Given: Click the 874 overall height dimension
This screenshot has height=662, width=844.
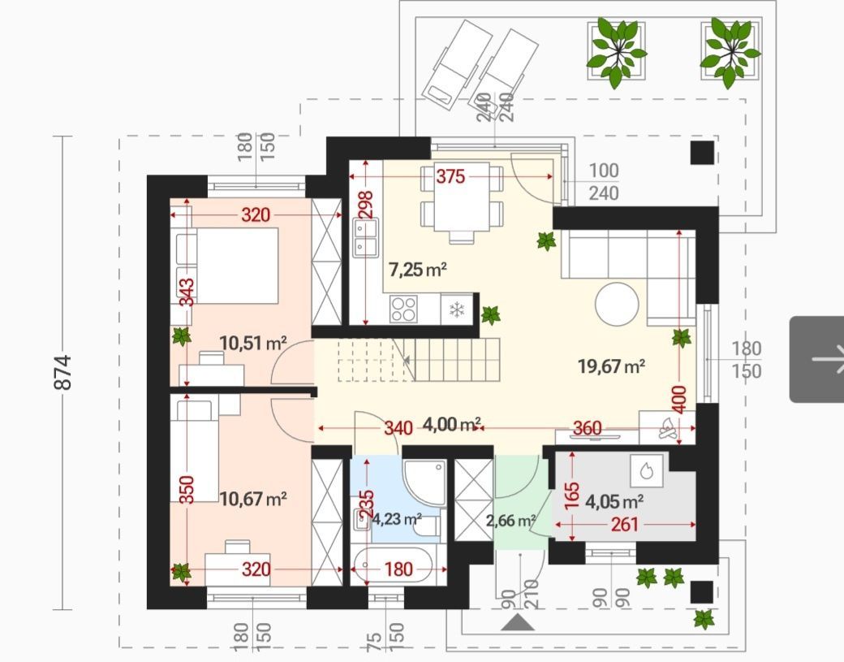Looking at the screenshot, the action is pyautogui.click(x=62, y=372).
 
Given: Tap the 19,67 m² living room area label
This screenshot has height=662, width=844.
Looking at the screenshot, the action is pyautogui.click(x=611, y=366).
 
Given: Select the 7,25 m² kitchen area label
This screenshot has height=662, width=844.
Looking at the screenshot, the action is pyautogui.click(x=418, y=269).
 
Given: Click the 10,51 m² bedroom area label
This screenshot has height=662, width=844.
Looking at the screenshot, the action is pyautogui.click(x=253, y=343).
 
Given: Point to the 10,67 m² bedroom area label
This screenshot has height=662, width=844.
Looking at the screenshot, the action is pyautogui.click(x=253, y=499).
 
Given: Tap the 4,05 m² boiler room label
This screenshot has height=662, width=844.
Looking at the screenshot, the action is pyautogui.click(x=614, y=502).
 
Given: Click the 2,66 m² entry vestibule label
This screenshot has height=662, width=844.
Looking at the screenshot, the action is pyautogui.click(x=510, y=521).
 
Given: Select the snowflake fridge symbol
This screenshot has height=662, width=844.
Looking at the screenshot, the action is pyautogui.click(x=457, y=309).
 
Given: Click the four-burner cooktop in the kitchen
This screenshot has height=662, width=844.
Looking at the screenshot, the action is pyautogui.click(x=403, y=309).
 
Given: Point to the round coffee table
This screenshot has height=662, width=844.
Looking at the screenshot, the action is pyautogui.click(x=617, y=304).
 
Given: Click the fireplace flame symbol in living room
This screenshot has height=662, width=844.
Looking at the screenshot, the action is pyautogui.click(x=668, y=429).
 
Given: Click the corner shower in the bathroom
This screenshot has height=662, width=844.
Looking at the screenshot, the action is pyautogui.click(x=424, y=483).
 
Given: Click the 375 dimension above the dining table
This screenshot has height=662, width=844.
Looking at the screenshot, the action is pyautogui.click(x=450, y=176).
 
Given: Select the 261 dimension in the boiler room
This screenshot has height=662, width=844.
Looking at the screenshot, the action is pyautogui.click(x=624, y=524).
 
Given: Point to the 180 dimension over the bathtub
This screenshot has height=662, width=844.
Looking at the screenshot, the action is pyautogui.click(x=398, y=569).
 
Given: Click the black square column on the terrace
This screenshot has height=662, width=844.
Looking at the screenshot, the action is pyautogui.click(x=703, y=153).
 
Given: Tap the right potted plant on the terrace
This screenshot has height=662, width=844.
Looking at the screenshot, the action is pyautogui.click(x=730, y=52).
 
